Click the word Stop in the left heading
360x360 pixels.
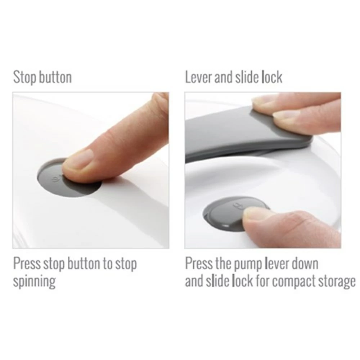pos(24,77)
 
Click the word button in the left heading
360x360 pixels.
pos(55,77)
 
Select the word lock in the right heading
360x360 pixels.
pos(272,77)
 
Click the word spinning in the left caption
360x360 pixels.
pos(35,282)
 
